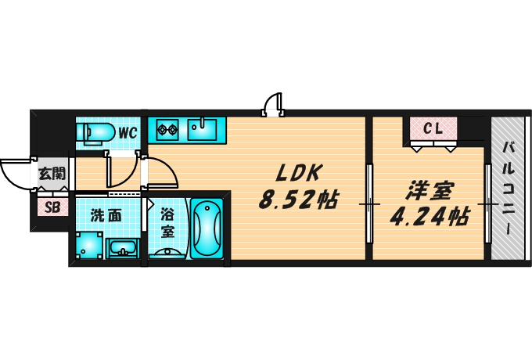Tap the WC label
[128, 133]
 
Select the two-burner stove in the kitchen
[167, 128]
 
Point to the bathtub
[207, 228]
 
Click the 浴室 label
[167, 222]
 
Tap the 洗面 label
[105, 215]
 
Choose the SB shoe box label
[52, 207]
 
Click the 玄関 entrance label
[52, 174]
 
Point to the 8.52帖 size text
[297, 200]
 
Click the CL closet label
[433, 128]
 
